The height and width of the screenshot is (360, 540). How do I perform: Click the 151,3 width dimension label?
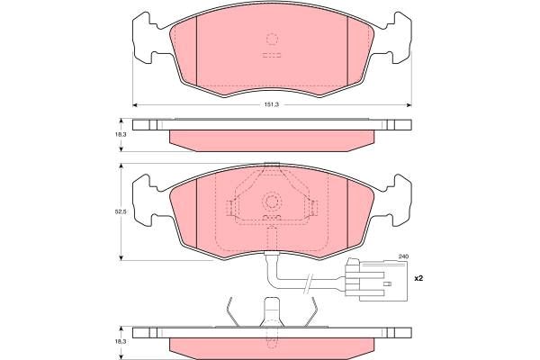tap(272, 104)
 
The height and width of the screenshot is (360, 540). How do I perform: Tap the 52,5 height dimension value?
tap(121, 211)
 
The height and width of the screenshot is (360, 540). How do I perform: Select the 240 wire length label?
tap(403, 256)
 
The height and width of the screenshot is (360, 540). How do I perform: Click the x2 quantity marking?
tap(418, 278)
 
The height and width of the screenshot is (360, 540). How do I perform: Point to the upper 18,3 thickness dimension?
tap(121, 135)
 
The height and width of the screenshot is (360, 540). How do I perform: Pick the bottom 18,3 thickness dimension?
tap(121, 341)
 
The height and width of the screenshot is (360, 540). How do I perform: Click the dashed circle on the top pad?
tap(272, 39)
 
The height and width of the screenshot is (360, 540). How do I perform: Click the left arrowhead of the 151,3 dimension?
tap(135, 104)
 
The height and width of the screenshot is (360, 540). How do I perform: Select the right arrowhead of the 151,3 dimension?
tap(409, 104)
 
